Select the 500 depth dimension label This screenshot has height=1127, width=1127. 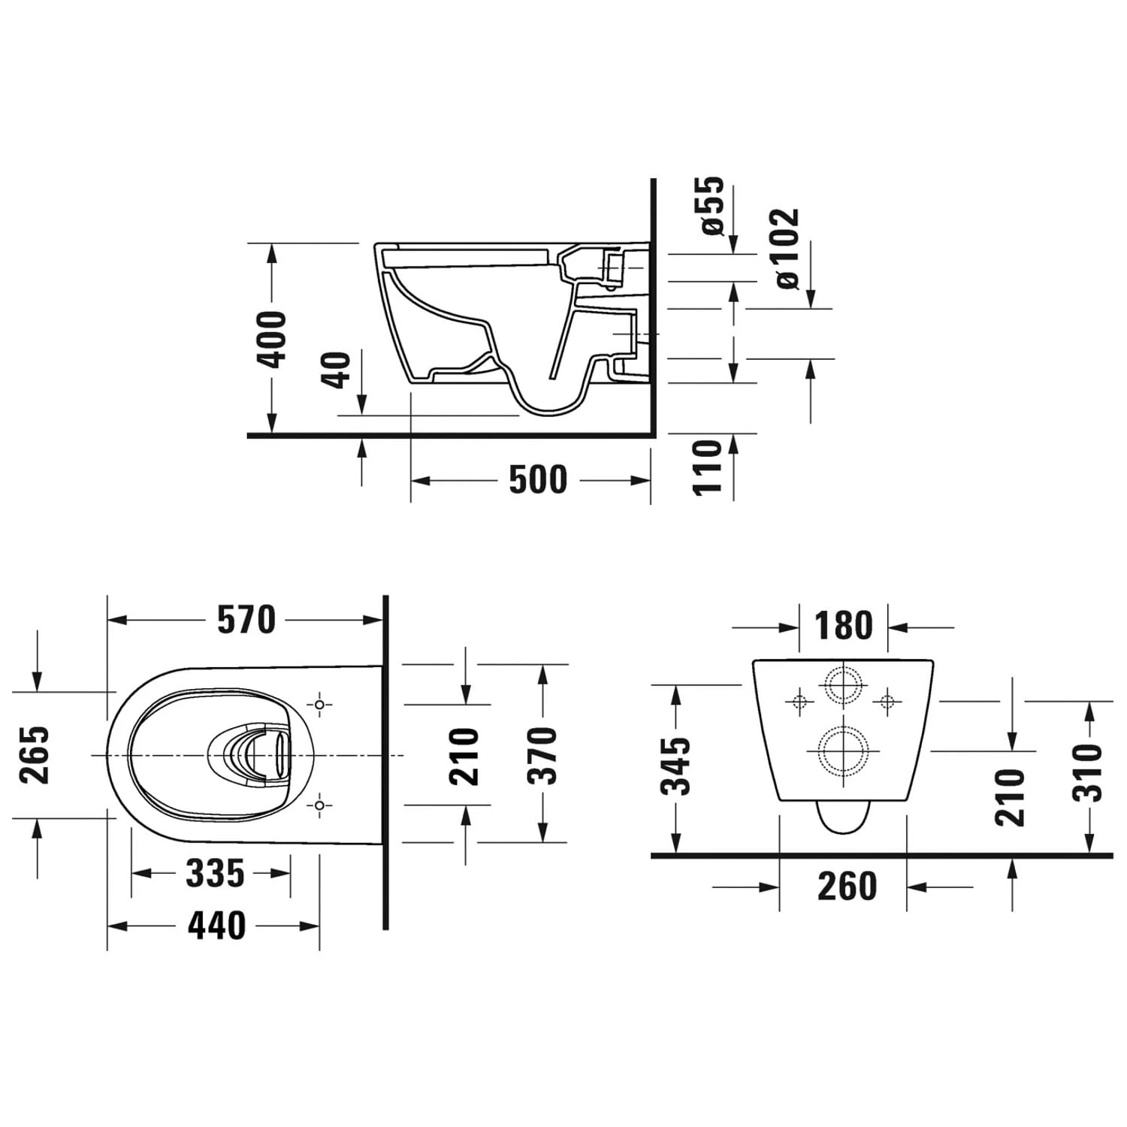(x=538, y=480)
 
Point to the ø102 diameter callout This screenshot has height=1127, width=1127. (x=787, y=248)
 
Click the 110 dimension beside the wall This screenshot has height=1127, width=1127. (x=707, y=467)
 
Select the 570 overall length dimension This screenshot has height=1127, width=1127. (x=246, y=620)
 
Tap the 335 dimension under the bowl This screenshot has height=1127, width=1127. (x=215, y=873)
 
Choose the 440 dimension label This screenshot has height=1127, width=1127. (x=216, y=926)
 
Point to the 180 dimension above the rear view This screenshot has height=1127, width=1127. (x=843, y=626)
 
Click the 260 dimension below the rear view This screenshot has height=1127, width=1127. (x=847, y=887)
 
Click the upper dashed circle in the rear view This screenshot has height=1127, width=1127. (x=844, y=685)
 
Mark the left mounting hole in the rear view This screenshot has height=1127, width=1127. (x=799, y=702)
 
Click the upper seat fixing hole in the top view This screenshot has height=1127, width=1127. (x=320, y=705)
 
